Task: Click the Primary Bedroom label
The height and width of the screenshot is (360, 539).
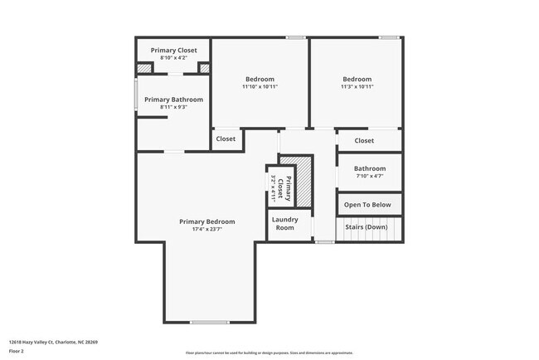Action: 207,221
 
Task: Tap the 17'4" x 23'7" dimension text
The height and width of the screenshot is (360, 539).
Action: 207,230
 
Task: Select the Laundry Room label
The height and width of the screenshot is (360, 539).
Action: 285,223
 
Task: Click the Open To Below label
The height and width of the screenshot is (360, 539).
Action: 368,204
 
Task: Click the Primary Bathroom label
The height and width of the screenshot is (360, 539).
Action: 173,100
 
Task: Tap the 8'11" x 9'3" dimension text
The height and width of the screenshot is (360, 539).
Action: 173,107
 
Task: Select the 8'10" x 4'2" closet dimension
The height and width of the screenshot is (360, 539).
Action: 173,57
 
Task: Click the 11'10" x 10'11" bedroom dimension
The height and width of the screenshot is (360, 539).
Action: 260,86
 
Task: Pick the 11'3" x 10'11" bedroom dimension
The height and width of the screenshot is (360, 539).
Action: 357,86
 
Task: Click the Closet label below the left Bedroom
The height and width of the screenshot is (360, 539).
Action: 226,139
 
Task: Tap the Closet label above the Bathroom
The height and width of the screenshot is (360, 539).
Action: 364,140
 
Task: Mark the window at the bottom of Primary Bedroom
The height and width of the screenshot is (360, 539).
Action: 209,322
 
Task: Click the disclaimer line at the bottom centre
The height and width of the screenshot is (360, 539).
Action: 269,353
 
